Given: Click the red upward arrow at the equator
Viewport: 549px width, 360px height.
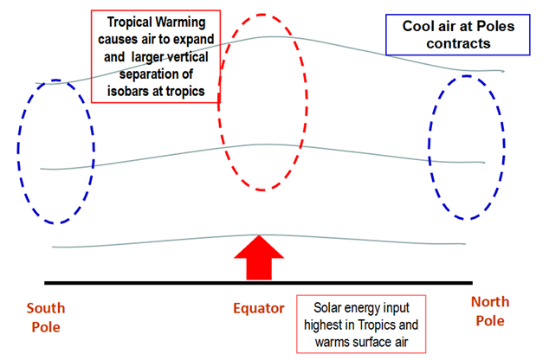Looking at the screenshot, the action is coord(259,258).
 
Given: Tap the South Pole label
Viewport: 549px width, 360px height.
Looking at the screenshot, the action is coord(46,318).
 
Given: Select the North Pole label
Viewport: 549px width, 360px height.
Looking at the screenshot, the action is coord(490,312).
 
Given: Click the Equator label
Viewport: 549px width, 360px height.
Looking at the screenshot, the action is coord(259,309).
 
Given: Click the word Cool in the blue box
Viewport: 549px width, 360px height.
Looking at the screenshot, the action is coord(417,26).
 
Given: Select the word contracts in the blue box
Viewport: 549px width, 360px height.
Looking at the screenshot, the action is coord(458,44).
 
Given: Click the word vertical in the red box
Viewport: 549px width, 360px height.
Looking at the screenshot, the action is coord(188,57).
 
